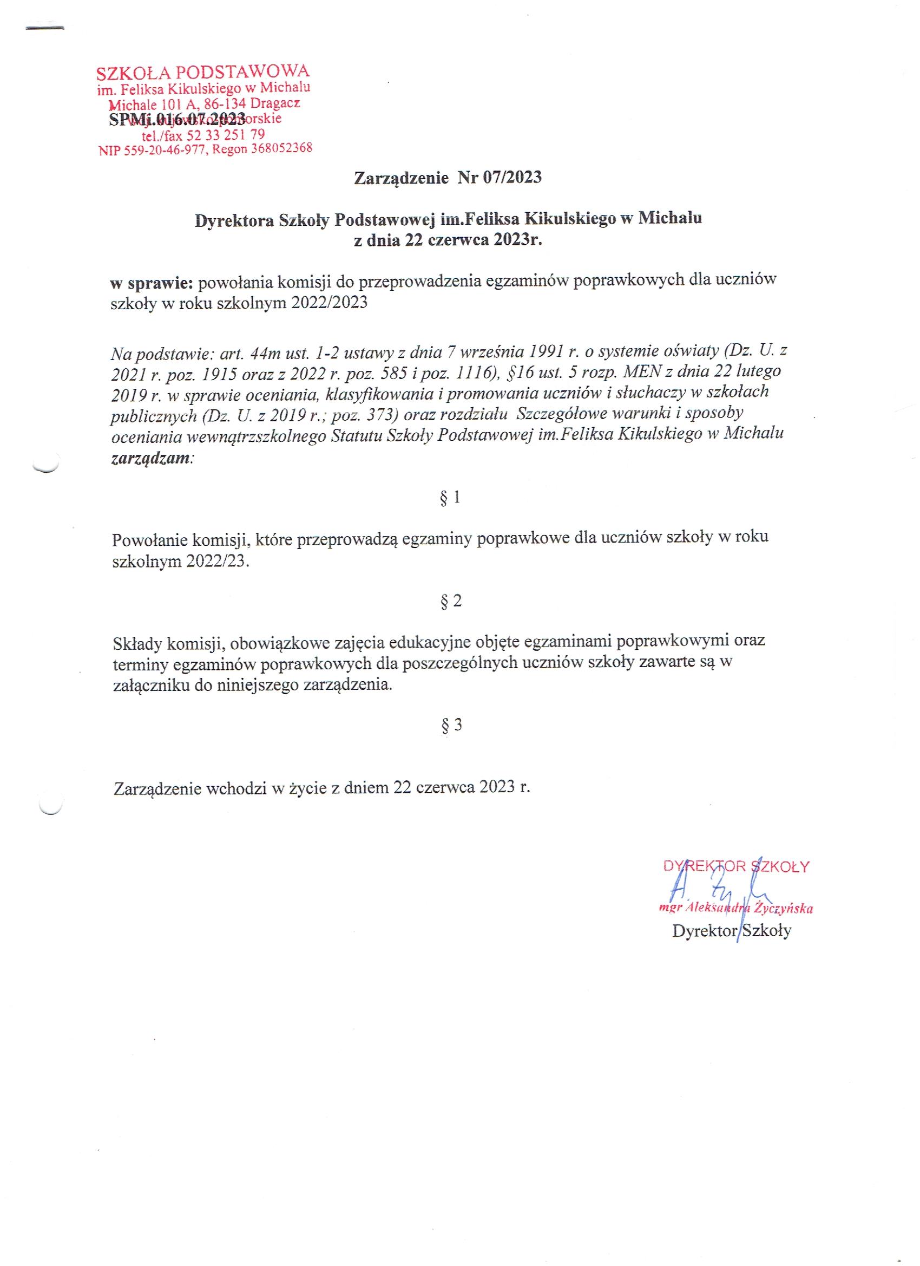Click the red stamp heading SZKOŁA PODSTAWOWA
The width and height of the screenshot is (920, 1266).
pos(202,73)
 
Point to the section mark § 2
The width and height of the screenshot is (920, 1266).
pos(451,601)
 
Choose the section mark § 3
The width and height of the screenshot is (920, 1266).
pos(451,725)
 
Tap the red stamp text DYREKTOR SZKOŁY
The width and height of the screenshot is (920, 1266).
pos(736,866)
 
